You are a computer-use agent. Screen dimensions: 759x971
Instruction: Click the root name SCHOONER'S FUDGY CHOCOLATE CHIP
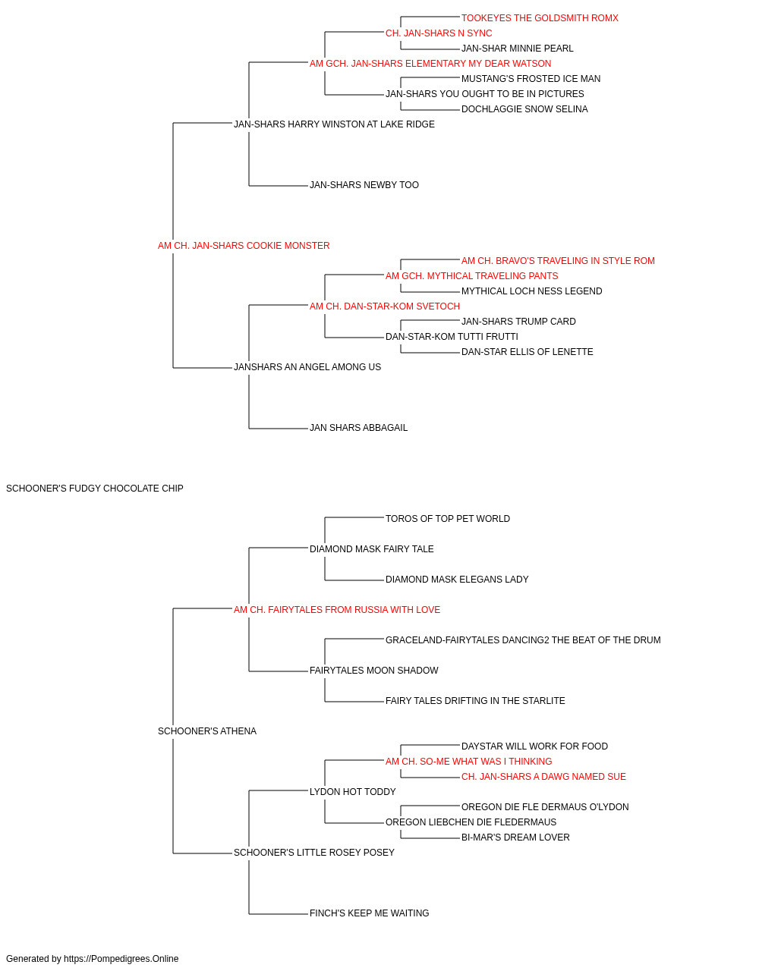point(95,489)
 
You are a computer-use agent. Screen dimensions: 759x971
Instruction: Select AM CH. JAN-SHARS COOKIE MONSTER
point(244,246)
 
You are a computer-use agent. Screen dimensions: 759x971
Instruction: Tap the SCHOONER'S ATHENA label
point(207,731)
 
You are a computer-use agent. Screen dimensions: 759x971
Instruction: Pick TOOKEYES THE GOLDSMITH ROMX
point(540,18)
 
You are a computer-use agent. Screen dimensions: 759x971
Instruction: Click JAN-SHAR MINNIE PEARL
point(517,49)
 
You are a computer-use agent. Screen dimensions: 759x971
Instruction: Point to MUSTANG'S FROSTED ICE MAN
point(531,79)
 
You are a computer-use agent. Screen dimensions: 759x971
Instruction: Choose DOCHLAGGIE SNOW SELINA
point(524,109)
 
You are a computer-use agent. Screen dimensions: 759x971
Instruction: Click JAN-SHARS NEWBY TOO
point(364,185)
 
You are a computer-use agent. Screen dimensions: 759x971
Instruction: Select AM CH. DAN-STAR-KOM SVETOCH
point(384,306)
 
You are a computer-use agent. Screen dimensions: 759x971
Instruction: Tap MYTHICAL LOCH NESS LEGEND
point(531,291)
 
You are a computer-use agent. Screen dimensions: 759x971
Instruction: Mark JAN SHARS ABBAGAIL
point(358,428)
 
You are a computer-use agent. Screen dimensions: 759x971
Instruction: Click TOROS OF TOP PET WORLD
point(448,519)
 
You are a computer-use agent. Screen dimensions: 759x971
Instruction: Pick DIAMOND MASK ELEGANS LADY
point(457,580)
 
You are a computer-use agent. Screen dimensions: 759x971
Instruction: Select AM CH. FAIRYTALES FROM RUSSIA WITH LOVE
point(337,610)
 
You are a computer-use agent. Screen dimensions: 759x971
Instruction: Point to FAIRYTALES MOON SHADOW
point(373,671)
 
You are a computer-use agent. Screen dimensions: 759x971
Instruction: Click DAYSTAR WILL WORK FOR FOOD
point(534,746)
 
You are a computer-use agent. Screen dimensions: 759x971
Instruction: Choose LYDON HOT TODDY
point(353,792)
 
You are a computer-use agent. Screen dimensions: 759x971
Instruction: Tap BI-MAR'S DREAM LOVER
point(515,837)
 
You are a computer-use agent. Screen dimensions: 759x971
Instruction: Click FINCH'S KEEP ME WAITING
point(369,913)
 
